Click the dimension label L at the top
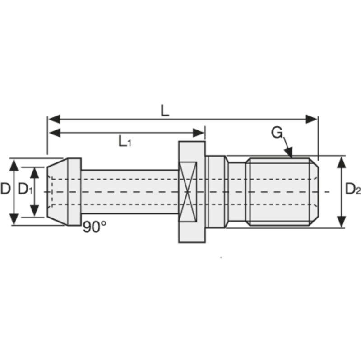165,110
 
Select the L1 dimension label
125,141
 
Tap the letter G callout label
277,133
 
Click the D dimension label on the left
5,189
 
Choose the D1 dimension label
24,190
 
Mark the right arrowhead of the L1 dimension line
199,133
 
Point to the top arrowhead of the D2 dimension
342,162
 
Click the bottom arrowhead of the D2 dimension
342,222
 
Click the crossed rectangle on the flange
188,192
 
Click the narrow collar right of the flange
216,192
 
